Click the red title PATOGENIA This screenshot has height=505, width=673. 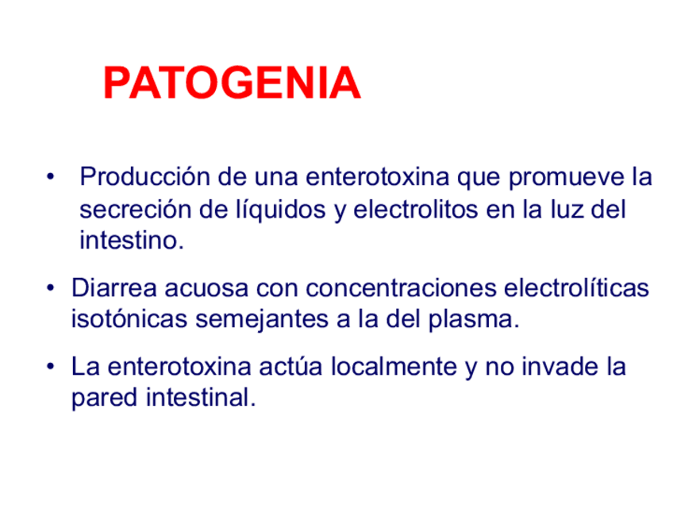(x=232, y=84)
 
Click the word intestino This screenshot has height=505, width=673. (x=130, y=240)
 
